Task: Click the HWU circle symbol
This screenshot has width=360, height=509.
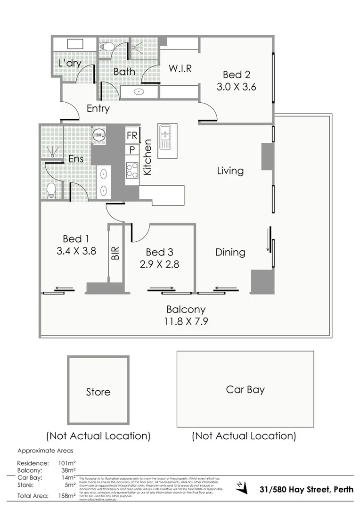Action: [x=99, y=135]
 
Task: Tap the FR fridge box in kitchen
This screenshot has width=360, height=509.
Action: [x=132, y=136]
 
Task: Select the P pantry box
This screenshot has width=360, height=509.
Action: [x=132, y=150]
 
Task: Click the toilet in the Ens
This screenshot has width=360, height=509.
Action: [x=51, y=190]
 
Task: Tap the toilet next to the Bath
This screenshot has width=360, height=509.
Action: [x=106, y=47]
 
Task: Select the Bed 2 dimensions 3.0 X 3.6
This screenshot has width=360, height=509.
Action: [x=236, y=87]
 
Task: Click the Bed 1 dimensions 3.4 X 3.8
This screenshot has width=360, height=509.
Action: [x=76, y=251]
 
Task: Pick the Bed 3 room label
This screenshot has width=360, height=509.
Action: [x=159, y=252]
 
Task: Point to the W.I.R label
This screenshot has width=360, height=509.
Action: [x=180, y=68]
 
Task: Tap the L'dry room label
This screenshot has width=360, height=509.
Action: [x=70, y=63]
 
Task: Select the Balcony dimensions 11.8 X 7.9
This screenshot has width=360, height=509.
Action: [x=186, y=322]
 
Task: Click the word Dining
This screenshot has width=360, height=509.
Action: [x=230, y=252]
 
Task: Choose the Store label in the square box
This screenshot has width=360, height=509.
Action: [x=98, y=392]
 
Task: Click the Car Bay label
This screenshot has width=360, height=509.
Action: [x=245, y=390]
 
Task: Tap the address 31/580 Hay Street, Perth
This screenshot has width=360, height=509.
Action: [x=306, y=489]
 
